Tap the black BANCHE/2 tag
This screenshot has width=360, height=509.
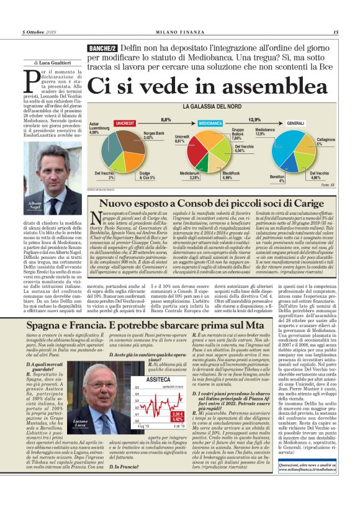click(102, 48)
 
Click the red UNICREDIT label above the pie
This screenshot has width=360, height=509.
click(125, 124)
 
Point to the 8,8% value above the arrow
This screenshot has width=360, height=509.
click(166, 119)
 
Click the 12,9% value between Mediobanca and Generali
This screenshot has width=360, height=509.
click(254, 119)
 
